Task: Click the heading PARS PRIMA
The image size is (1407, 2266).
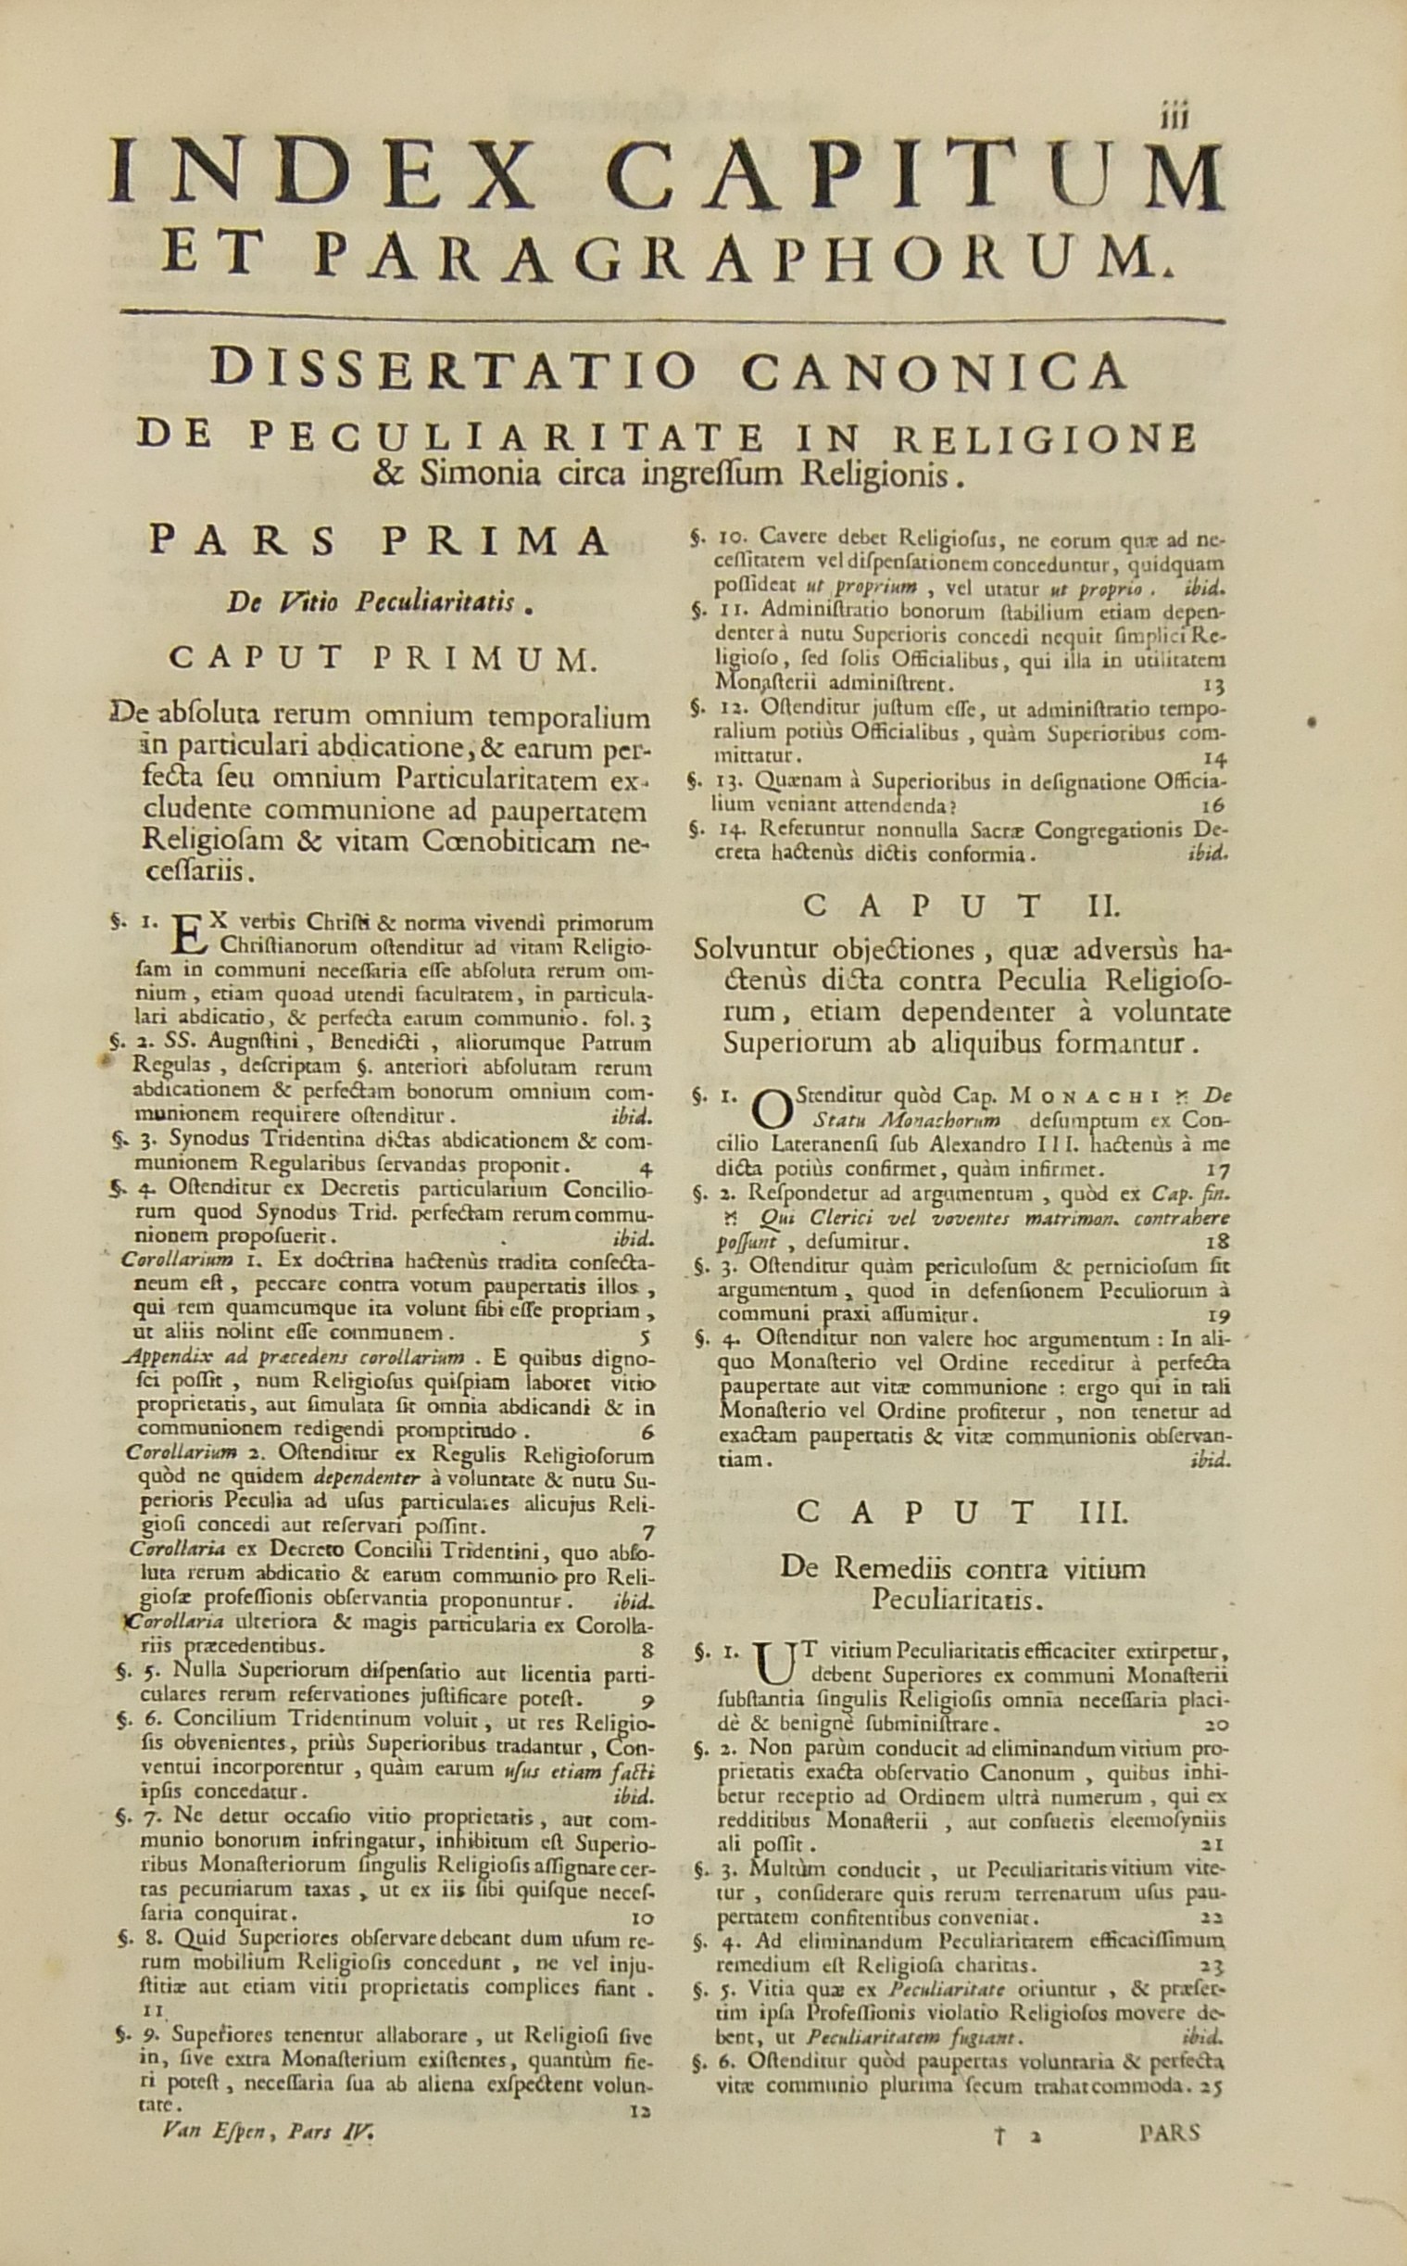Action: (x=379, y=541)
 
